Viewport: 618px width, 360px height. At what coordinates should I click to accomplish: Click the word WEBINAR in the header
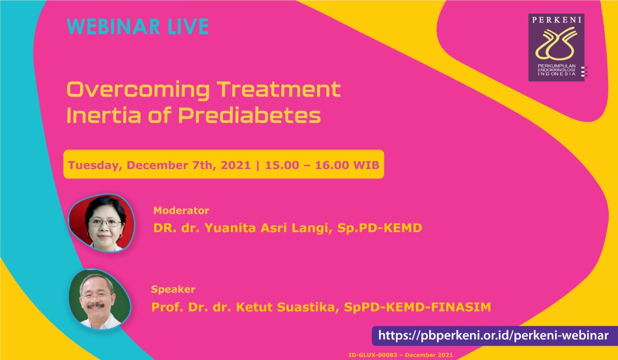tap(113, 27)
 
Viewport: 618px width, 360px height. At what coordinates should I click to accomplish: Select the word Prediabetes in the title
tap(250, 115)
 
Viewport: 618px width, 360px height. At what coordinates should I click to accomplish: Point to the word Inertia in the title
tap(104, 115)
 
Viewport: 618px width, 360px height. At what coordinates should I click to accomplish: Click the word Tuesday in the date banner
tap(95, 166)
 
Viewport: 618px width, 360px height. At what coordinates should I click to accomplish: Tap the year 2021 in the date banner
tap(236, 165)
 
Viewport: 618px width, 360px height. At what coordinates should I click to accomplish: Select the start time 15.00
tap(282, 165)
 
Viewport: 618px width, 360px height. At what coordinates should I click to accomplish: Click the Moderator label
tap(181, 210)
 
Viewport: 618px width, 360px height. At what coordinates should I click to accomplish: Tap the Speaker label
tap(173, 289)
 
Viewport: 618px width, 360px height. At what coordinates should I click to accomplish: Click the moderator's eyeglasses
tap(105, 222)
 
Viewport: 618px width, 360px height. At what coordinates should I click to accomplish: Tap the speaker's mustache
tap(96, 305)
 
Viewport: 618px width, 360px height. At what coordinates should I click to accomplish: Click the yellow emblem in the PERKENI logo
tap(556, 44)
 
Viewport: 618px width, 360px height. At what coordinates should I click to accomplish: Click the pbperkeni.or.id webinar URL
tap(493, 335)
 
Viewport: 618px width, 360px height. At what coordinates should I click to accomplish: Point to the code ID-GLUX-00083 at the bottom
tap(373, 355)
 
